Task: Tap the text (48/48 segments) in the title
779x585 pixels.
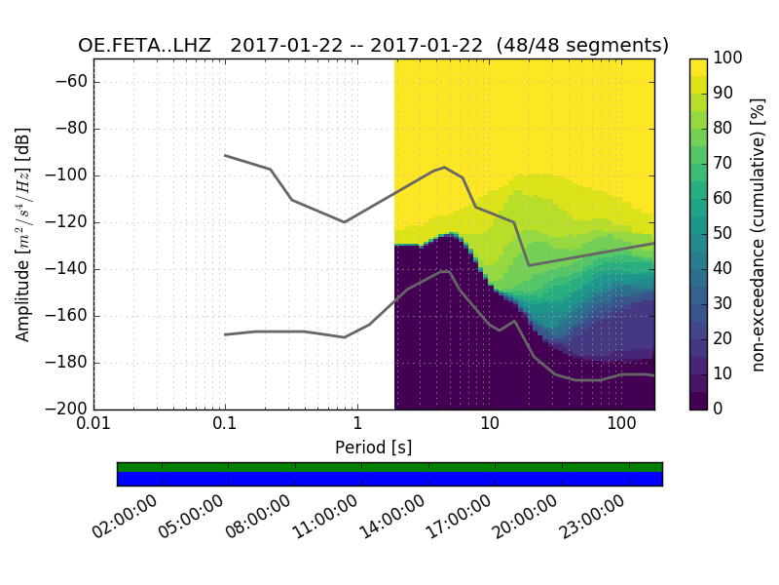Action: (582, 46)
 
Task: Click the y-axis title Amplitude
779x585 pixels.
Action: (22, 234)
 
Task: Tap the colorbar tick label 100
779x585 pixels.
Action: (729, 58)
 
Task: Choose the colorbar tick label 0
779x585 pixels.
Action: (722, 409)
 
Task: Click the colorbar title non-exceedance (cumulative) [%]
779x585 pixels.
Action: (760, 234)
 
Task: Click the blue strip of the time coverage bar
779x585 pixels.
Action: (389, 479)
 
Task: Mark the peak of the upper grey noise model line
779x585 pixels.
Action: (445, 168)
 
